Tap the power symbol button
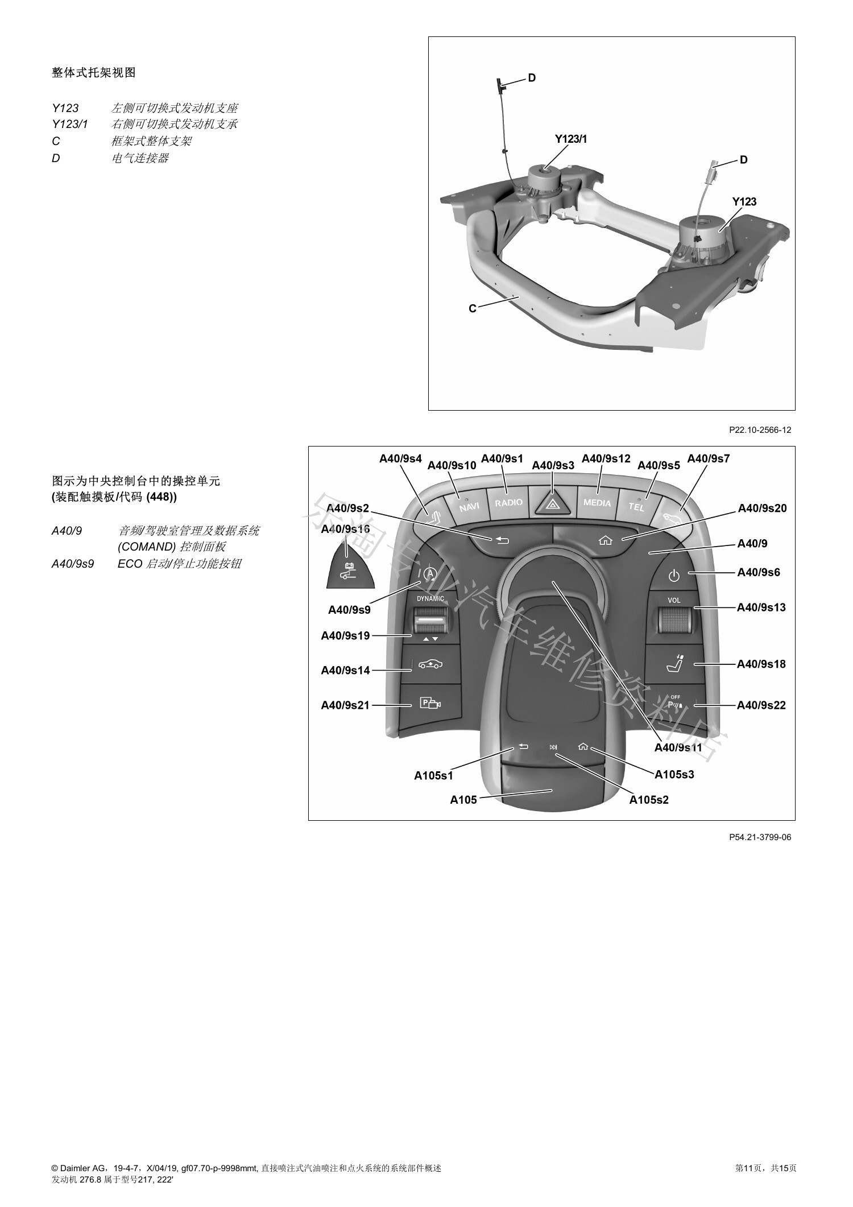tap(674, 576)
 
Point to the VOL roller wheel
tap(675, 620)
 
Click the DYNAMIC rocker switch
tap(430, 620)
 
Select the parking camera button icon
tap(430, 704)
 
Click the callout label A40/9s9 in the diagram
tap(349, 610)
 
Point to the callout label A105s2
tap(649, 800)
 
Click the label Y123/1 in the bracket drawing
tap(571, 139)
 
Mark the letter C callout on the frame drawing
tap(473, 308)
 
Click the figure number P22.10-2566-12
tap(760, 430)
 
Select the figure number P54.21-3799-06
tap(760, 837)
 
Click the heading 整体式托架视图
tap(94, 73)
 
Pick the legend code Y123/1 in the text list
tap(70, 124)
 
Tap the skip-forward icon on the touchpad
tap(553, 747)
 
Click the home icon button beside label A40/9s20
tap(606, 540)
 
